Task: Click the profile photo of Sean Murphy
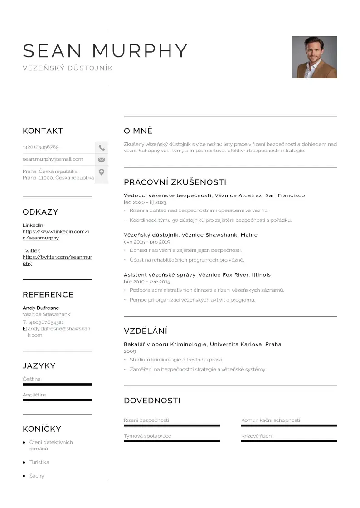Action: tap(314, 57)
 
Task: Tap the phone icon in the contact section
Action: tap(102, 147)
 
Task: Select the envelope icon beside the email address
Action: tap(102, 160)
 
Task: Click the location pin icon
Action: tap(102, 172)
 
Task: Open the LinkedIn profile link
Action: tap(55, 234)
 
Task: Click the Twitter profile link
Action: tap(57, 260)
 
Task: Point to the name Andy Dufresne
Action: tap(41, 308)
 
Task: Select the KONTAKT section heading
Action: tap(43, 131)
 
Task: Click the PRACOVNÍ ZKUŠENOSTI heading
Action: tap(175, 182)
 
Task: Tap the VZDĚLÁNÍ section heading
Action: tap(146, 331)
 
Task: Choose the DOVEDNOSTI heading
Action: tap(152, 401)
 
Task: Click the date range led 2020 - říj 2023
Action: tap(145, 202)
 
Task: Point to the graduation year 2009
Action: tap(130, 351)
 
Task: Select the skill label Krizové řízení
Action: tap(257, 436)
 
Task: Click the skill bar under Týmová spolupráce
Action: tap(171, 441)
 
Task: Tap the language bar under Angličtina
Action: tap(57, 400)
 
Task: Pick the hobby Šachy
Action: tap(37, 476)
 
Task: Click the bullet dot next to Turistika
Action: tap(24, 462)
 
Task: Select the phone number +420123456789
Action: tap(41, 147)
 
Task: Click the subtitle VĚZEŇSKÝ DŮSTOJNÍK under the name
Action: tap(68, 68)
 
